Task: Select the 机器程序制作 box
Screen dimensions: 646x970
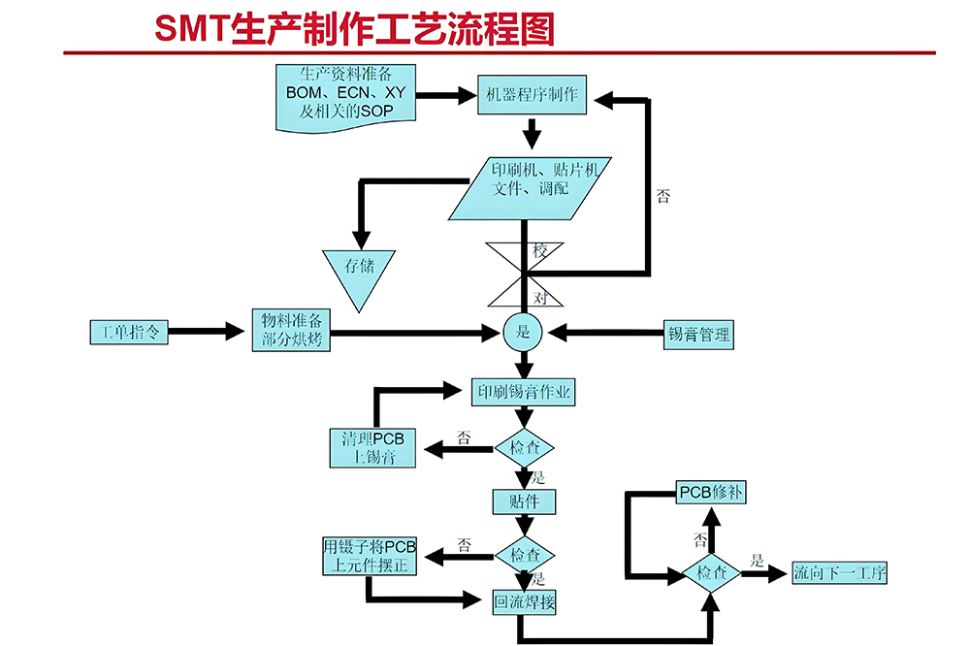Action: [x=530, y=95]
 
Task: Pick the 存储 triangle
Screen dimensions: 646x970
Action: [x=360, y=273]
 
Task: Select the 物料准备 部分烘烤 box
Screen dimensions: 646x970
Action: [x=292, y=331]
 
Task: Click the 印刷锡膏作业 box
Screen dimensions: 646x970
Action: [x=525, y=392]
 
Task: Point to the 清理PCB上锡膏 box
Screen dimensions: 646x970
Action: [x=371, y=447]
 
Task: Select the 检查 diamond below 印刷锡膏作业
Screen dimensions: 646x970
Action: [x=525, y=447]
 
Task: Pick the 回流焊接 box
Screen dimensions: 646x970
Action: [x=525, y=601]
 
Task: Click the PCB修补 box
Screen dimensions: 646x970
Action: [x=712, y=492]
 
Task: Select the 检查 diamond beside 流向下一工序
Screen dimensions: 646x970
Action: [x=712, y=573]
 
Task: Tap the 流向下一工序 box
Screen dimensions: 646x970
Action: [x=839, y=573]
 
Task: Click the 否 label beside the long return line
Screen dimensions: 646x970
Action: [x=663, y=197]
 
